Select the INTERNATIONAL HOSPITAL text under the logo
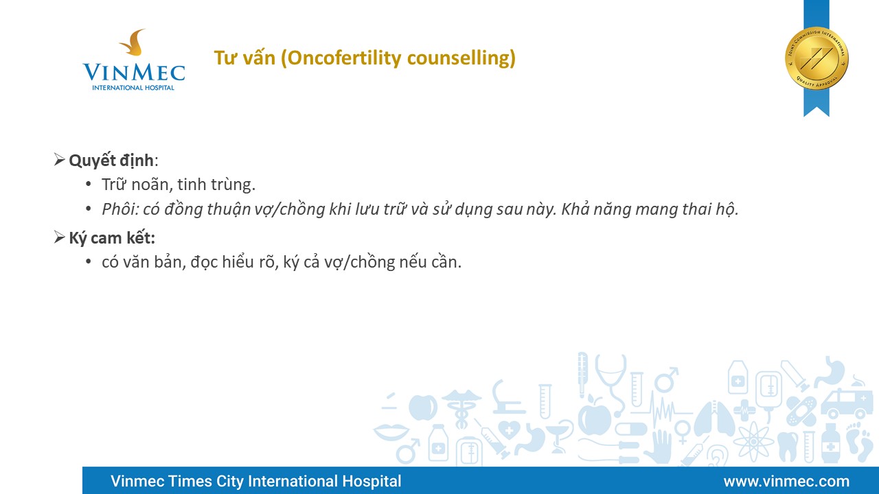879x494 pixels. point(133,87)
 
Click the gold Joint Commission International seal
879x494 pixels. point(817,59)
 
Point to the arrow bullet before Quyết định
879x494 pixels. point(59,160)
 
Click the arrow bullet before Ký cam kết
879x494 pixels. point(59,237)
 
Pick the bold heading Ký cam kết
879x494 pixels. point(112,238)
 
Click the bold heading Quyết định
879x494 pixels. point(111,161)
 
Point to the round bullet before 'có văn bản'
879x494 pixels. point(89,261)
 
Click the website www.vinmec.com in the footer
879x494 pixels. point(786,481)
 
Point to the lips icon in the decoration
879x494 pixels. point(391,432)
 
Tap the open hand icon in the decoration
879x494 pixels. point(659,447)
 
